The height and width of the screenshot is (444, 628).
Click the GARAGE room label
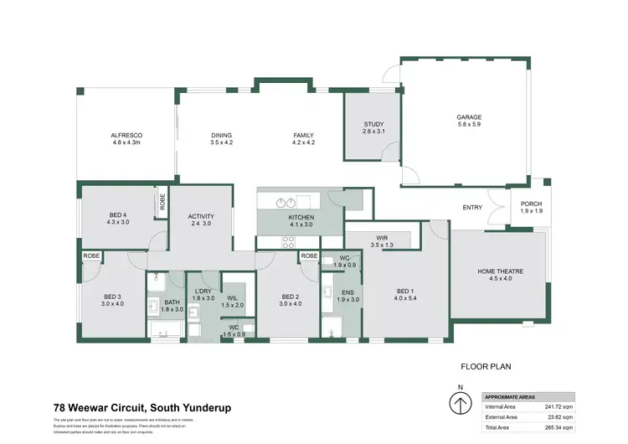tap(469, 117)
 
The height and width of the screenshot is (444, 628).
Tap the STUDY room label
tap(373, 126)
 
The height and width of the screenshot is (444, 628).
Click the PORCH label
tap(531, 204)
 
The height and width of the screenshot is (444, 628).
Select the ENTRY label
tap(472, 208)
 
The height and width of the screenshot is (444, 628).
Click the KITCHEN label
tap(300, 218)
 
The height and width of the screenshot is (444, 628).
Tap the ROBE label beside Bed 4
tap(162, 202)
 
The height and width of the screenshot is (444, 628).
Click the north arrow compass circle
tap(460, 405)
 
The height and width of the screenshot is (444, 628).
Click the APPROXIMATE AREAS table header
tap(511, 397)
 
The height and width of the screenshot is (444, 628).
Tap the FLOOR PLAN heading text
tap(486, 366)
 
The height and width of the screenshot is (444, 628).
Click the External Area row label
tap(502, 416)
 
